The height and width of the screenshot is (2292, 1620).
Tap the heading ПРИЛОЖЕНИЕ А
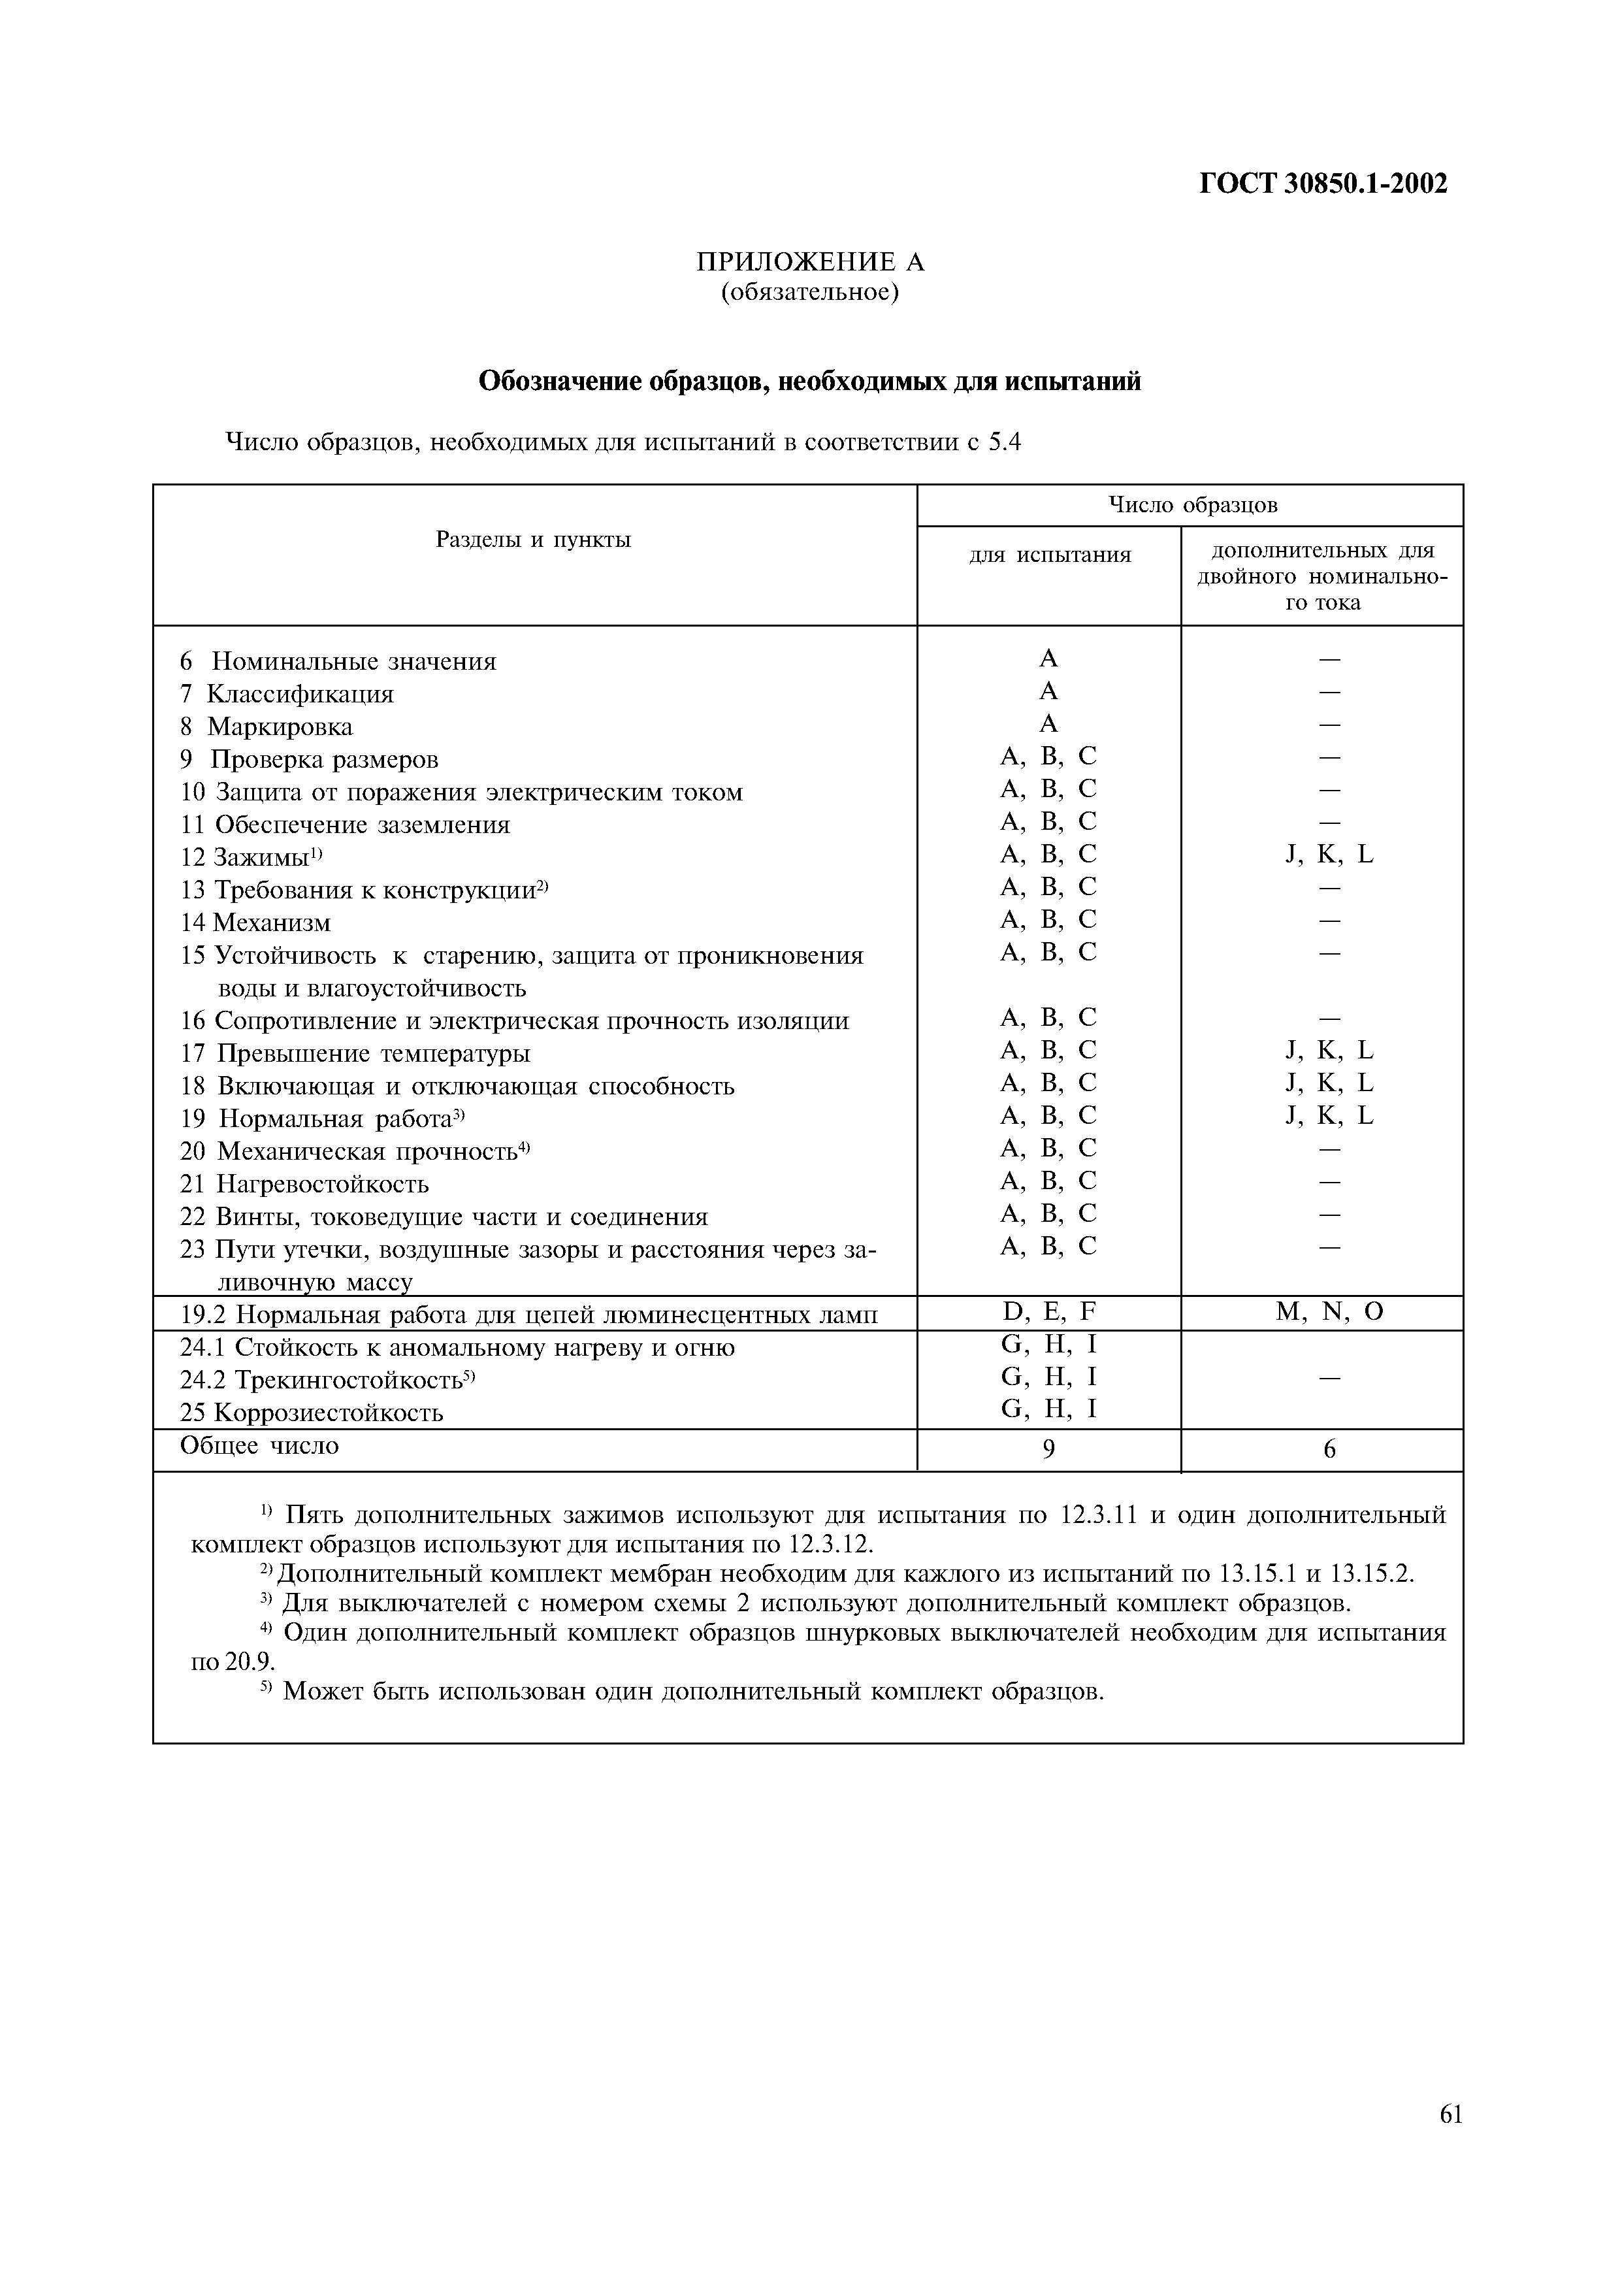point(809,263)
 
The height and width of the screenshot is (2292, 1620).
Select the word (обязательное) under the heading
point(809,293)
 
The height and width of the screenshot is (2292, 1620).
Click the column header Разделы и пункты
point(533,540)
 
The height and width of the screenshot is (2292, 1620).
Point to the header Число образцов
point(1193,505)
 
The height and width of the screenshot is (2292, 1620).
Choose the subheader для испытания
point(1050,555)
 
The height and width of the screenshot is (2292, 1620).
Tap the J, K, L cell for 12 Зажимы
point(1329,855)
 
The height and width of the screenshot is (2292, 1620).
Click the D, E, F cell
point(1048,1312)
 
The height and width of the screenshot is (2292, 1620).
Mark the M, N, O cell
point(1329,1312)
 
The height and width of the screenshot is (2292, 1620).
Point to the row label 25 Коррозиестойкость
point(312,1413)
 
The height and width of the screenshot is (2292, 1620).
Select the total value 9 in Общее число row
point(1048,1449)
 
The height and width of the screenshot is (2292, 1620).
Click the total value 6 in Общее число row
point(1329,1449)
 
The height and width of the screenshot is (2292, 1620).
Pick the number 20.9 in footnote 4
point(248,1662)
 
